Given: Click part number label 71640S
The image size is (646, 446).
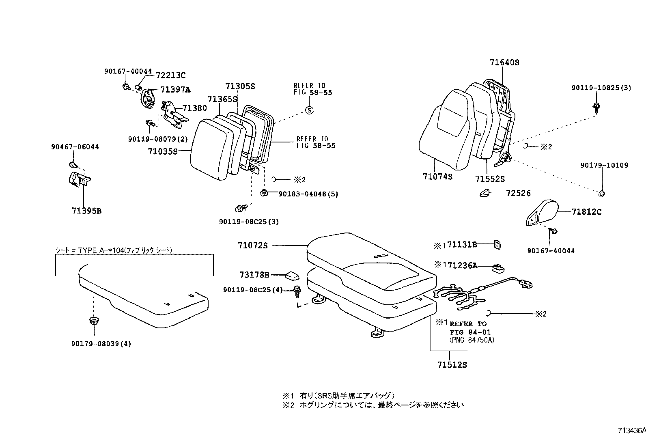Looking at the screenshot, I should coord(504,62).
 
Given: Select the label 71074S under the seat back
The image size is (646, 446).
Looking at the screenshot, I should coord(437,177).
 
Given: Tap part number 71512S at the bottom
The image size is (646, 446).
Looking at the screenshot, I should coord(452,365).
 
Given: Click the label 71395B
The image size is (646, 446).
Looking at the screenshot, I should coord(86,211).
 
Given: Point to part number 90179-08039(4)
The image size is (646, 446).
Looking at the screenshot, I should coord(101,344).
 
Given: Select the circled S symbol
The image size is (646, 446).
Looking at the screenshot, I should coord(309,110).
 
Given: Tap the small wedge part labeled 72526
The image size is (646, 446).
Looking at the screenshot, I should coord(486,194).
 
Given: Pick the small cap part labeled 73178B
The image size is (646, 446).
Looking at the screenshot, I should coord(292,276).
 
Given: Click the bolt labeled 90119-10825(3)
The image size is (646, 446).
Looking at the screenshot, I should coord(597,107).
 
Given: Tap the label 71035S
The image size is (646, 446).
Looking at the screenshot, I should coord(163,151).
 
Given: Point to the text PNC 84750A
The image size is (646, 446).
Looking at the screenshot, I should coord(472,340).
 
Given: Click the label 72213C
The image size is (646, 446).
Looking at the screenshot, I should coord(170,75).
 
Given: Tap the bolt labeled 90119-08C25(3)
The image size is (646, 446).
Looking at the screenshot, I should coord(241,209).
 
